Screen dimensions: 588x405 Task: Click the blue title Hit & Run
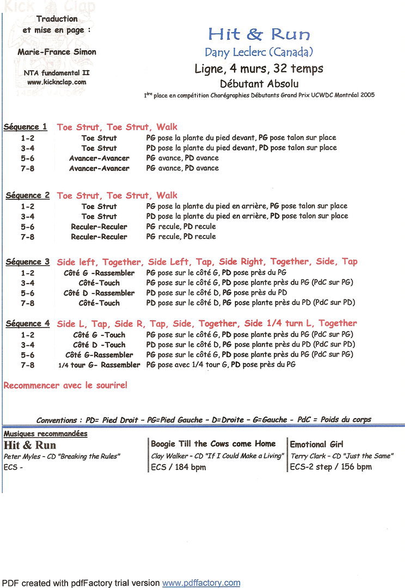point(259,35)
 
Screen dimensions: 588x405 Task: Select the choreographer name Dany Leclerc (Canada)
point(259,52)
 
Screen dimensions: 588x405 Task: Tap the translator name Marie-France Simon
point(57,52)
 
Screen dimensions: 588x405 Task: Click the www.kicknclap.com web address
point(57,82)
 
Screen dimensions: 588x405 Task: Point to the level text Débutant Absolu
point(259,84)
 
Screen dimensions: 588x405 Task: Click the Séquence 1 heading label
point(26,127)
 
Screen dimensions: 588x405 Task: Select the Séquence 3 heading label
point(27,262)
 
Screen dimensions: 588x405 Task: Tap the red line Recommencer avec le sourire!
point(65,385)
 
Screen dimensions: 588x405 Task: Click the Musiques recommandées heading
point(46,434)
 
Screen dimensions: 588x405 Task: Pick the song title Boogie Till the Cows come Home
point(213,444)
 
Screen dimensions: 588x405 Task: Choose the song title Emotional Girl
point(317,444)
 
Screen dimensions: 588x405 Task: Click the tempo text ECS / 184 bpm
point(178,467)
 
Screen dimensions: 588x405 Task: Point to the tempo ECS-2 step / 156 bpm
point(330,467)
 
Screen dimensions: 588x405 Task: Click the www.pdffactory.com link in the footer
point(201,583)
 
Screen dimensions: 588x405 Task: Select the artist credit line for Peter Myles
point(62,456)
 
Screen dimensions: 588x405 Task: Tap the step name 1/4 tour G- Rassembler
point(99,365)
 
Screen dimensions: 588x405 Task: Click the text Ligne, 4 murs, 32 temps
point(259,69)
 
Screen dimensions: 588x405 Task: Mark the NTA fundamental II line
point(57,72)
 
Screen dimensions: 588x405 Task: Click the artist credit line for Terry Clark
point(342,456)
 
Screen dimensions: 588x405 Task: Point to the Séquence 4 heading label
point(27,323)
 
